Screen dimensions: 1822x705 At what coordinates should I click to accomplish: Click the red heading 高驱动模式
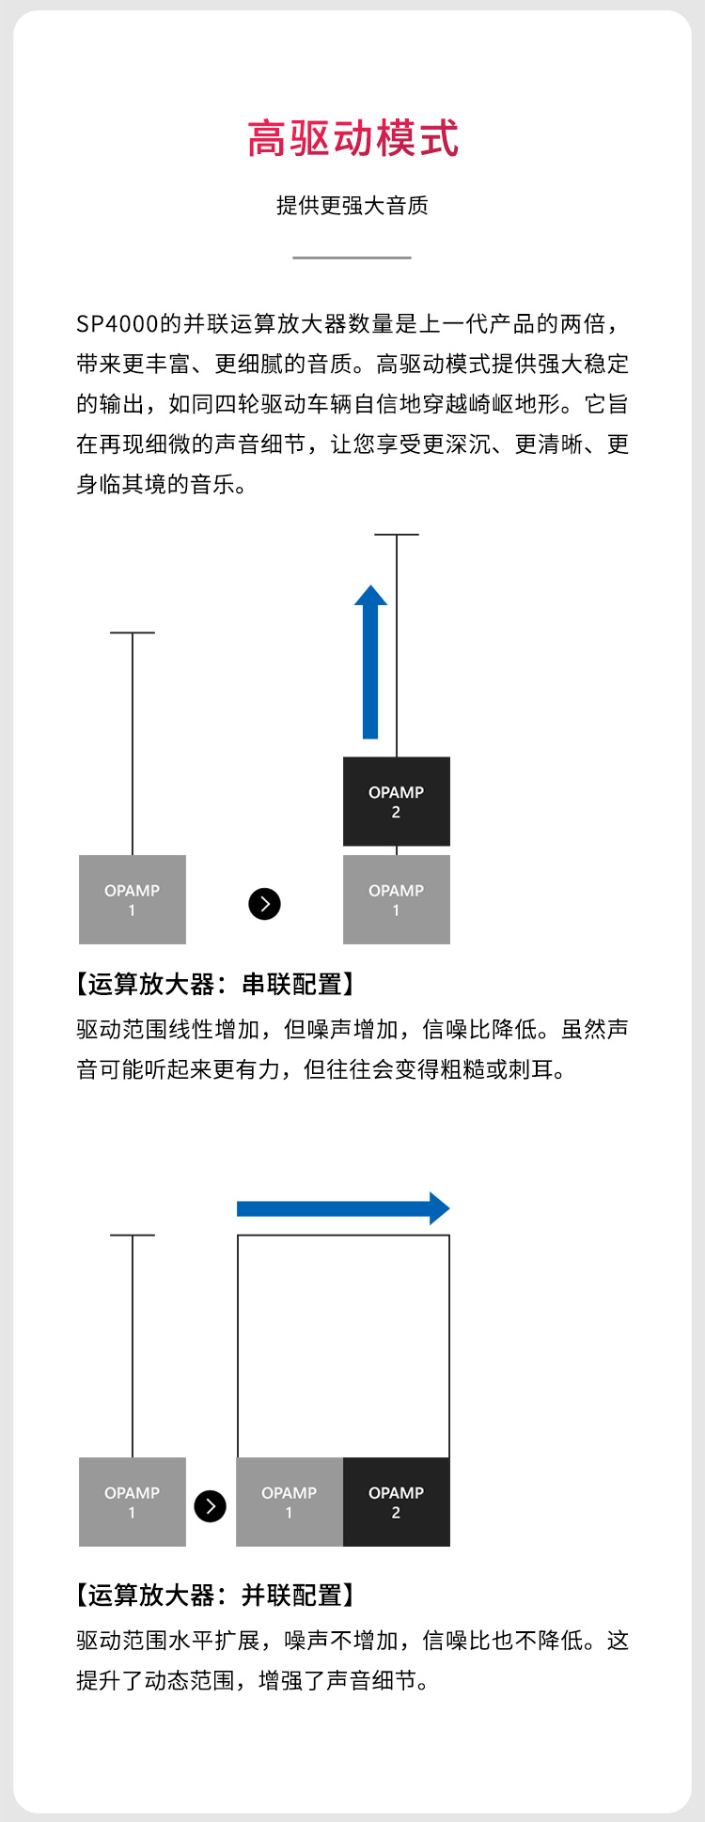[x=352, y=139]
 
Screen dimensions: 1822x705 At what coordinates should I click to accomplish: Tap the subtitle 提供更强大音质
[x=352, y=206]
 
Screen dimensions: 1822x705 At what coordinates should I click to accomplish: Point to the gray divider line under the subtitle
[x=352, y=257]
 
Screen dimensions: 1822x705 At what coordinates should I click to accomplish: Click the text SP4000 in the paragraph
[x=117, y=324]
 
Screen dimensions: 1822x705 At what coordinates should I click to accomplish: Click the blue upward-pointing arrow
[x=370, y=662]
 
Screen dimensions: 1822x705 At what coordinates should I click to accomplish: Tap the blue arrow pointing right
[x=343, y=1208]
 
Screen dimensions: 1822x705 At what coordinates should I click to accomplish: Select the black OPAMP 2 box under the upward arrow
[x=396, y=802]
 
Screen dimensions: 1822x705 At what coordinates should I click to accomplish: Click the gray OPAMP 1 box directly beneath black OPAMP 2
[x=396, y=899]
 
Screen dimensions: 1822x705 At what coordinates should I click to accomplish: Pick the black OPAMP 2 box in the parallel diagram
[x=396, y=1502]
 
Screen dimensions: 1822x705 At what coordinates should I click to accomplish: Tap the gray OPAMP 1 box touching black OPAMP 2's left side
[x=289, y=1502]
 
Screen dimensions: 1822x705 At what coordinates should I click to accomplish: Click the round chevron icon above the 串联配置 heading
[x=264, y=904]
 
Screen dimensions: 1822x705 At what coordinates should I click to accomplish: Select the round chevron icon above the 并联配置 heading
[x=210, y=1506]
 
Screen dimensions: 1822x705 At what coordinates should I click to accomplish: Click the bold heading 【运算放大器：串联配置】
[x=215, y=985]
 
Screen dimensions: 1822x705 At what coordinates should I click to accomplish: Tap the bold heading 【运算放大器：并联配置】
[x=215, y=1595]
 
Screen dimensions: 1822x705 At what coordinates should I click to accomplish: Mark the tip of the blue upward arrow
[x=370, y=587]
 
